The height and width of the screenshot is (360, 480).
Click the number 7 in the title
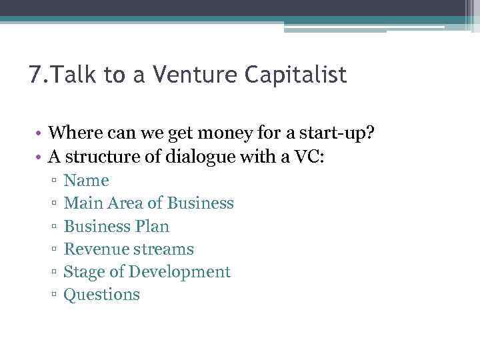35,75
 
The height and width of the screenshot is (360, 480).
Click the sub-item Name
86,181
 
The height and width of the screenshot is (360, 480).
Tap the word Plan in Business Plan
153,226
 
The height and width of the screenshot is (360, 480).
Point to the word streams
163,249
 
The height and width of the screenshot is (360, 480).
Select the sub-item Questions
101,295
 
